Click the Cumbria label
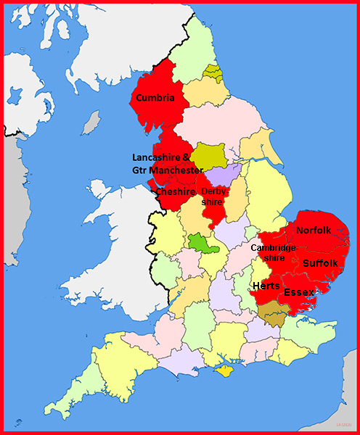click(x=156, y=98)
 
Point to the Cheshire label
click(x=176, y=192)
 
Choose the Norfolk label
click(x=314, y=231)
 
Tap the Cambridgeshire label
click(x=274, y=253)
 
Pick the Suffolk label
click(x=320, y=262)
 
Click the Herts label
click(x=266, y=286)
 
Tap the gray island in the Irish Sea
click(x=91, y=123)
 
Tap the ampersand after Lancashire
click(x=193, y=157)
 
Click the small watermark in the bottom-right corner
click(x=342, y=424)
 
